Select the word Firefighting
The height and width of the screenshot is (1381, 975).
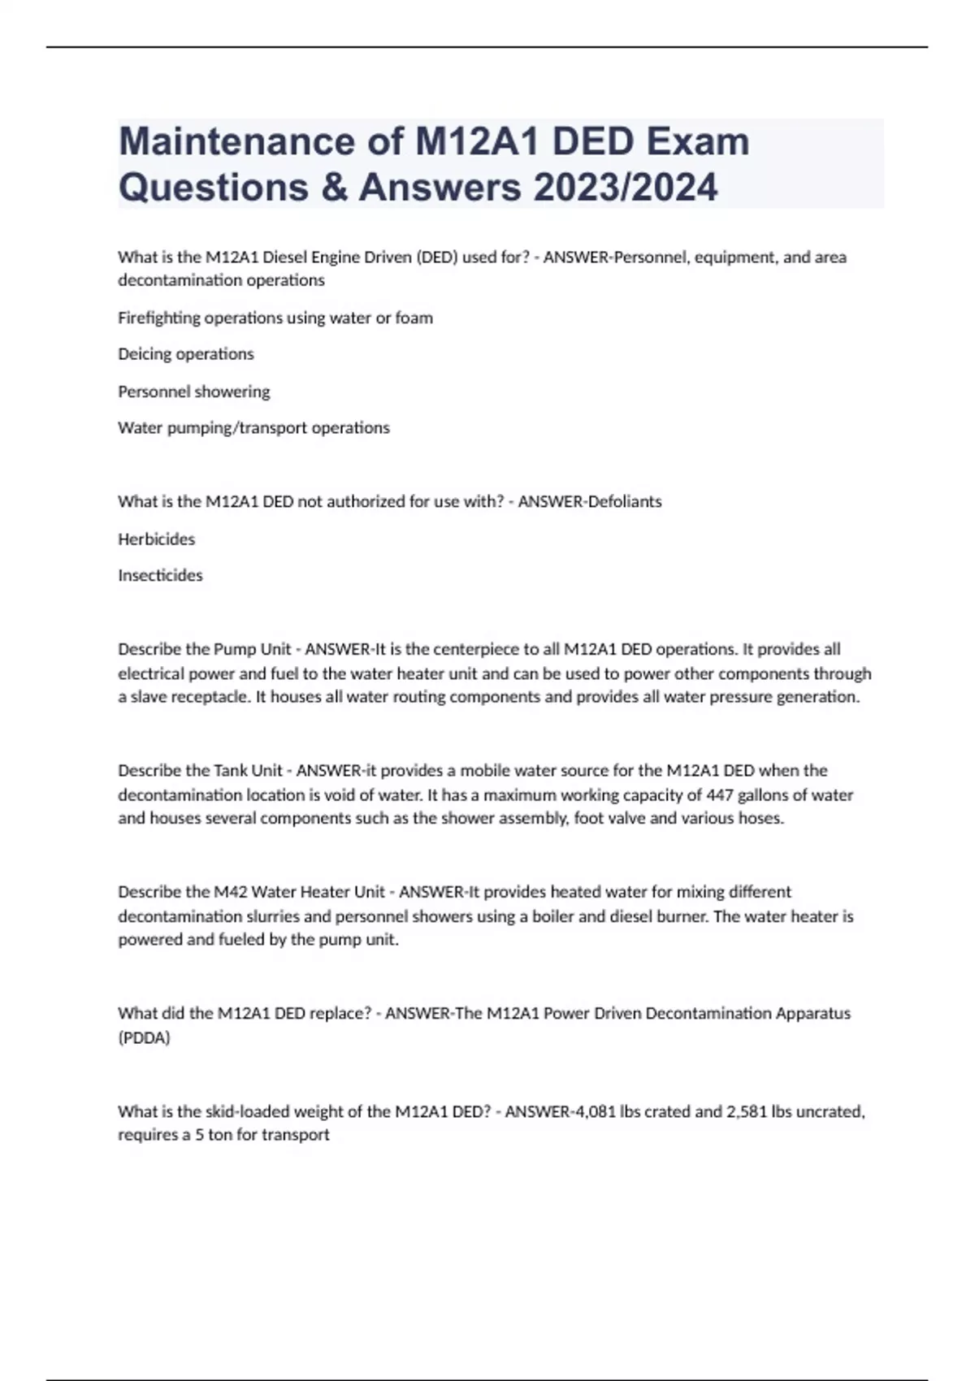pos(158,318)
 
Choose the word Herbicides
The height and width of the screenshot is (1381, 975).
pos(156,539)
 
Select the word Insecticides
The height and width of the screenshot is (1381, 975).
pos(160,575)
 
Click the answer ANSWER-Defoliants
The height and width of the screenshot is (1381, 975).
pos(589,501)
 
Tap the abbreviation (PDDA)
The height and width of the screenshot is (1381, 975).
pos(144,1037)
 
